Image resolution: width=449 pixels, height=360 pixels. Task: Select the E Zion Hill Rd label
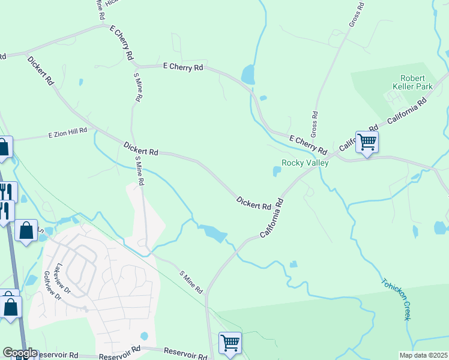pos(68,133)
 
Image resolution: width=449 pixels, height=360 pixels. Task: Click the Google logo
pos(20,353)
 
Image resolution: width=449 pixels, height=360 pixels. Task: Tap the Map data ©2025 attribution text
pos(424,355)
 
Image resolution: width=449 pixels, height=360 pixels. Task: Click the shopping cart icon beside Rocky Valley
pos(366,142)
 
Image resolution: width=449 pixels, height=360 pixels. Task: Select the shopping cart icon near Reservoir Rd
pos(230,343)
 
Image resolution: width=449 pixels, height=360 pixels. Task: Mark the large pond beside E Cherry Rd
pos(247,75)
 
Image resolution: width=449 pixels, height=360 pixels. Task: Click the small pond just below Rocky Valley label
pos(277,172)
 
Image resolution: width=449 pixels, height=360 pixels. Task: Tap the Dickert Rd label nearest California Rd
pos(253,203)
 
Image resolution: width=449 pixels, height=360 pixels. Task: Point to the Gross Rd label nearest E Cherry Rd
pos(314,124)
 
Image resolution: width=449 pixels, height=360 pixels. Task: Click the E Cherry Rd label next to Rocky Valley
pos(307,144)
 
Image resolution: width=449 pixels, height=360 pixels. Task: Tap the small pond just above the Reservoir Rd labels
pos(143,336)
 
